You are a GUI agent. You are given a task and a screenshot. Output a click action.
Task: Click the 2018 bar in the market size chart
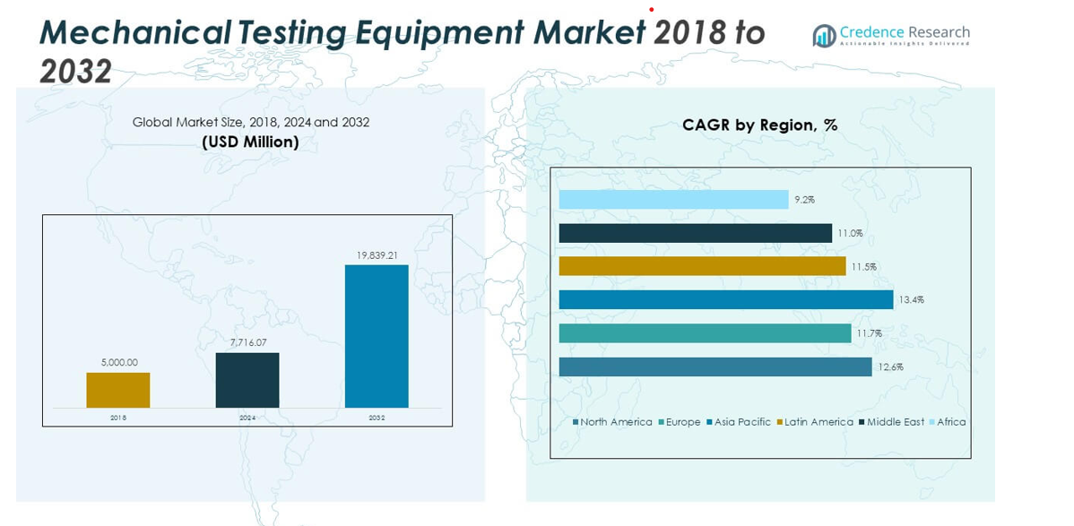coord(117,390)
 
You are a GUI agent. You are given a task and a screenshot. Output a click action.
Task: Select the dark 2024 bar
coord(247,380)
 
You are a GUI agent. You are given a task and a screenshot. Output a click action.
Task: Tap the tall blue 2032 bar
coord(377,336)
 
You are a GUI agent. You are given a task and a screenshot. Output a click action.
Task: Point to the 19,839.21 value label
coord(377,255)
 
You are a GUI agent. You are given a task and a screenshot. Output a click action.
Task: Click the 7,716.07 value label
coord(247,343)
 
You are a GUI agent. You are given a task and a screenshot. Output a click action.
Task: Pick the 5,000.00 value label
coord(118,363)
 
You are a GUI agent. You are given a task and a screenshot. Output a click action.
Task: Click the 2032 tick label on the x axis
coord(377,418)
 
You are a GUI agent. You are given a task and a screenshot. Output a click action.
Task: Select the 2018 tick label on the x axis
coord(118,418)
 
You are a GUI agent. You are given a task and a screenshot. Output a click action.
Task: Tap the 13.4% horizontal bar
coord(725,299)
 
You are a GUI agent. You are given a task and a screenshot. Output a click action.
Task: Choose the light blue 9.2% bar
coord(673,199)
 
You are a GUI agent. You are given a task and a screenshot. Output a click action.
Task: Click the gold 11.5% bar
coord(702,266)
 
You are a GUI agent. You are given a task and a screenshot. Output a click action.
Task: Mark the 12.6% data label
coord(891,366)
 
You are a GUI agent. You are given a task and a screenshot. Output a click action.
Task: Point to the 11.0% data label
coord(850,233)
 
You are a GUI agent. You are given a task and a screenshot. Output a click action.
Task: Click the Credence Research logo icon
coord(824,36)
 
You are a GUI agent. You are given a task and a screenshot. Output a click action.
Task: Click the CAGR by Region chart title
coord(759,125)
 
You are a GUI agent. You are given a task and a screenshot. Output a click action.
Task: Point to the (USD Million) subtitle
coord(250,142)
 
